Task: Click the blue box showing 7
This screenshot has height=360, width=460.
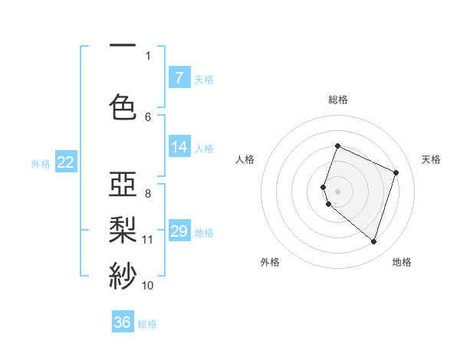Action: [x=179, y=78]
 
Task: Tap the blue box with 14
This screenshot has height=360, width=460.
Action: [x=179, y=147]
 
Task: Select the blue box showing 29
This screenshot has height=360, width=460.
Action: [x=179, y=231]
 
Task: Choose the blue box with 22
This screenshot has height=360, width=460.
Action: [x=66, y=162]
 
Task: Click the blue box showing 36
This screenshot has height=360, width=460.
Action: [x=123, y=322]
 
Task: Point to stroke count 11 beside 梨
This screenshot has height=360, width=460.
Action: [x=148, y=240]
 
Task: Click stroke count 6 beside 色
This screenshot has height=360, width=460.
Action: [x=148, y=116]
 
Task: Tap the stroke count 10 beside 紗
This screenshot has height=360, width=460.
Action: [x=148, y=286]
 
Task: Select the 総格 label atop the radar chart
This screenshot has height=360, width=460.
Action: [x=337, y=100]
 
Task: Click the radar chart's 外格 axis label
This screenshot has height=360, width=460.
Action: [x=270, y=262]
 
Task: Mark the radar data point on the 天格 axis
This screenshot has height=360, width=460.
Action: [x=396, y=172]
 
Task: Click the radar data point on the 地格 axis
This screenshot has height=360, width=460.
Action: [x=373, y=242]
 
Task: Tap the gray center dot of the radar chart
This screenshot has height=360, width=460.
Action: [x=337, y=191]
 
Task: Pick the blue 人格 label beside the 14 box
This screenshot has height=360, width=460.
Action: [x=204, y=148]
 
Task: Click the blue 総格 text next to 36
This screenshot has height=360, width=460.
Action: [x=147, y=324]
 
